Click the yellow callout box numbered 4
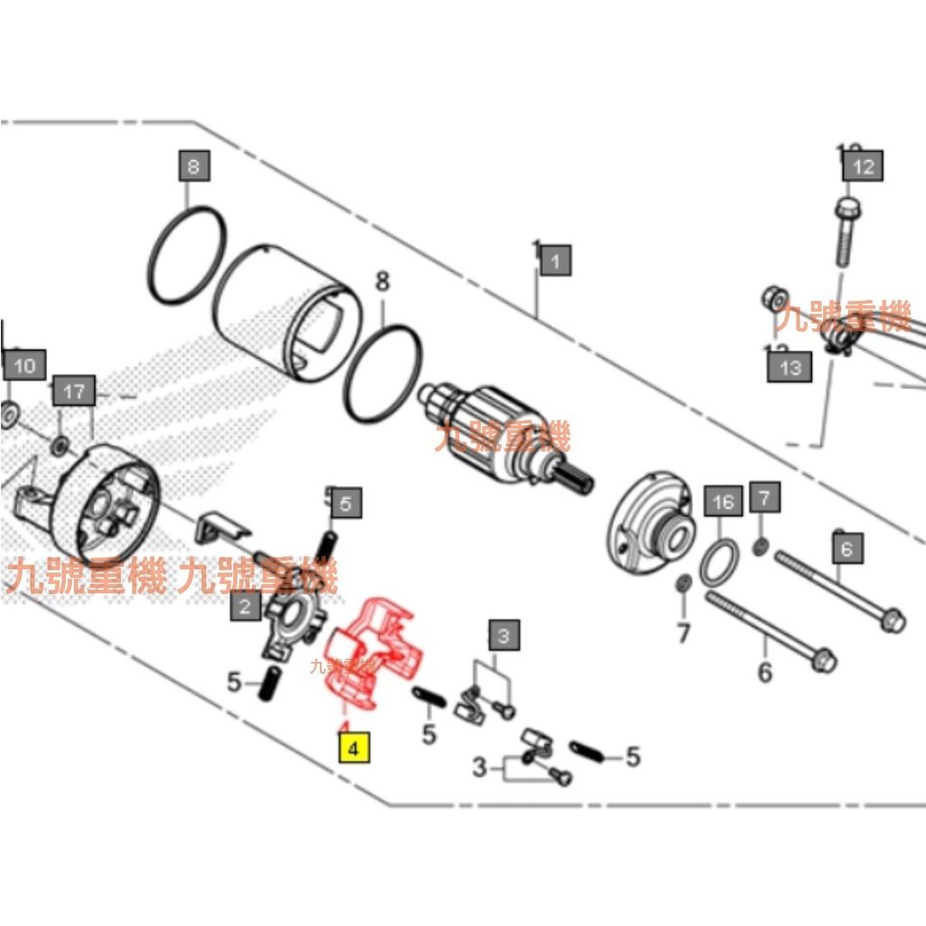[x=354, y=749]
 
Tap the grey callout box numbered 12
[x=864, y=166]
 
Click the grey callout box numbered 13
[x=789, y=367]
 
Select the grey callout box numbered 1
[x=555, y=262]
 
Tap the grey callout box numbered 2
[x=245, y=606]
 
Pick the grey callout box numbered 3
[x=506, y=635]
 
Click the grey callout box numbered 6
[x=846, y=548]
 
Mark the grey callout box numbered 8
[x=194, y=166]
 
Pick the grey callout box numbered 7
[x=763, y=497]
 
